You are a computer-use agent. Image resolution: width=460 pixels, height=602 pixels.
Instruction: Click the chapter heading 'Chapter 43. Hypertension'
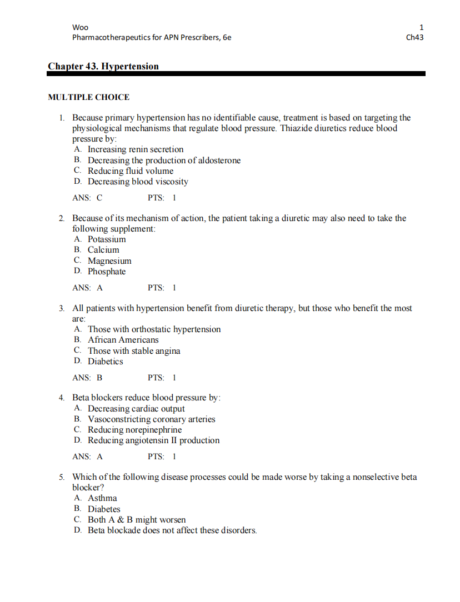coord(103,67)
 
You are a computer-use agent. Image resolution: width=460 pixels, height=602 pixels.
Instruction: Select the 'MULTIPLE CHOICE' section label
coord(89,97)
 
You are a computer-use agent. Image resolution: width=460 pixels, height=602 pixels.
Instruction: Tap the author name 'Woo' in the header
coord(80,27)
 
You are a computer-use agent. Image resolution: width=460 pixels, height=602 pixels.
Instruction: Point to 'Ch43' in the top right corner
coord(415,38)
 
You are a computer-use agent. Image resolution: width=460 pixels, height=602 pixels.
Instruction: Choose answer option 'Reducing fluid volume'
coord(131,171)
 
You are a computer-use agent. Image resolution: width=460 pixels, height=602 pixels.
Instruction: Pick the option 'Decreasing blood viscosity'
coord(138,182)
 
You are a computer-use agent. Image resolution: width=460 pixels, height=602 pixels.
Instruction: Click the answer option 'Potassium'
coord(107,239)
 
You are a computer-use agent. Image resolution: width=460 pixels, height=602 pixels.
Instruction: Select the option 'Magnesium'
coord(109,261)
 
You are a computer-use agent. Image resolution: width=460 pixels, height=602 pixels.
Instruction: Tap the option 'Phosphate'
coord(107,272)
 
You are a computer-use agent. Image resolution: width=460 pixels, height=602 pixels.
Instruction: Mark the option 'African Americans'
coord(123,340)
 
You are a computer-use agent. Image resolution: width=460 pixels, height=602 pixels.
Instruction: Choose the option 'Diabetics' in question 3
coord(105,362)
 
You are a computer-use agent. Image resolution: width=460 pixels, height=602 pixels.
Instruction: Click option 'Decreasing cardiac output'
coord(136,409)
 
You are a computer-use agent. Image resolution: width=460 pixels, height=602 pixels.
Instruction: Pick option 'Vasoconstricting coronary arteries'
coord(151,419)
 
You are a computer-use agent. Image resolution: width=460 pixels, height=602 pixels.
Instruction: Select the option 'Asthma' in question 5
coord(102,498)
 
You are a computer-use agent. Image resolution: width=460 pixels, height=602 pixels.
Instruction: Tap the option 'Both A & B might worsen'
coord(137,520)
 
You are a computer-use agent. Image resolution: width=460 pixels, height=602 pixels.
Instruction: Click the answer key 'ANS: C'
coord(87,198)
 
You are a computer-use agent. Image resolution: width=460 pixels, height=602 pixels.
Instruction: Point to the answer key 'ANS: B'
coord(87,378)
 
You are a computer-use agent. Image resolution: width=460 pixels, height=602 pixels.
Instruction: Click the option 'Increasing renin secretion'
coord(136,149)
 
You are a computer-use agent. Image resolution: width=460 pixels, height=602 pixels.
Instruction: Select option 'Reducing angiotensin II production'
coord(153,440)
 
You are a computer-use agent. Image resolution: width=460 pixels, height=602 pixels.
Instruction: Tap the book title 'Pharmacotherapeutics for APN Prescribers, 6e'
coord(152,38)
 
